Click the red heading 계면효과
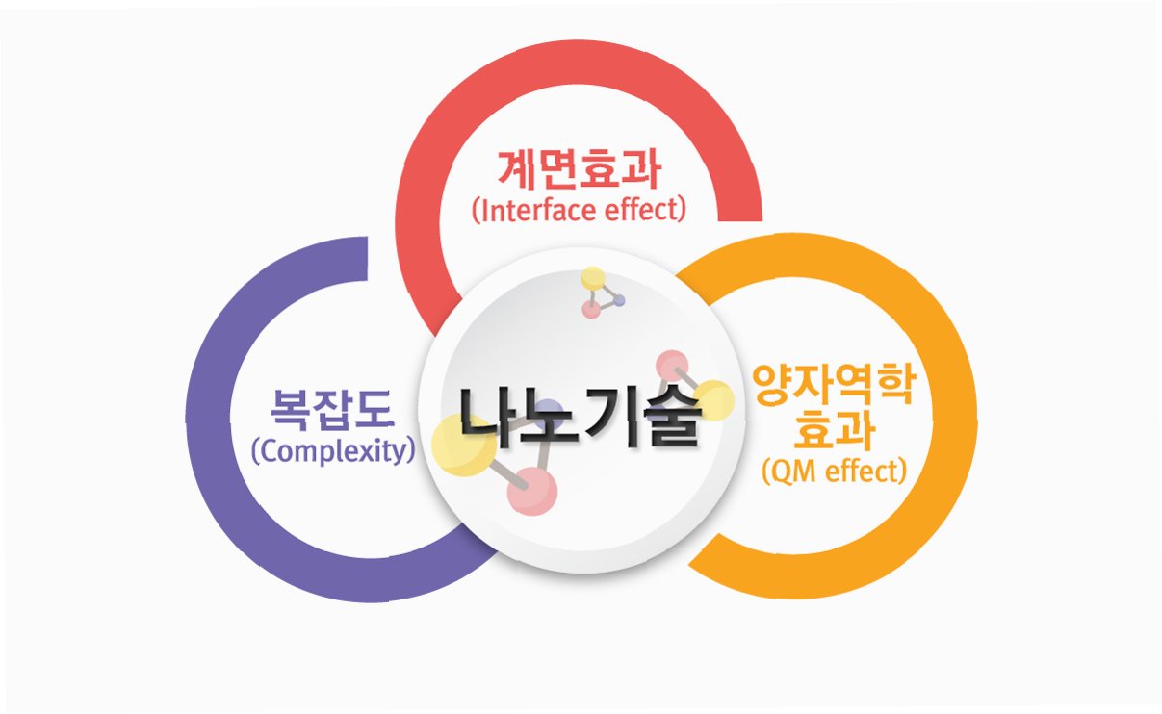coord(580,169)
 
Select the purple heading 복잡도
coord(333,410)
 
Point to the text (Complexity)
coord(333,451)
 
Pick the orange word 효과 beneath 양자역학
coord(834,432)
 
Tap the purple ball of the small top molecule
coord(620,300)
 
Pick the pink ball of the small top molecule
coord(591,310)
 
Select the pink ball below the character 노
coord(532,491)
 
